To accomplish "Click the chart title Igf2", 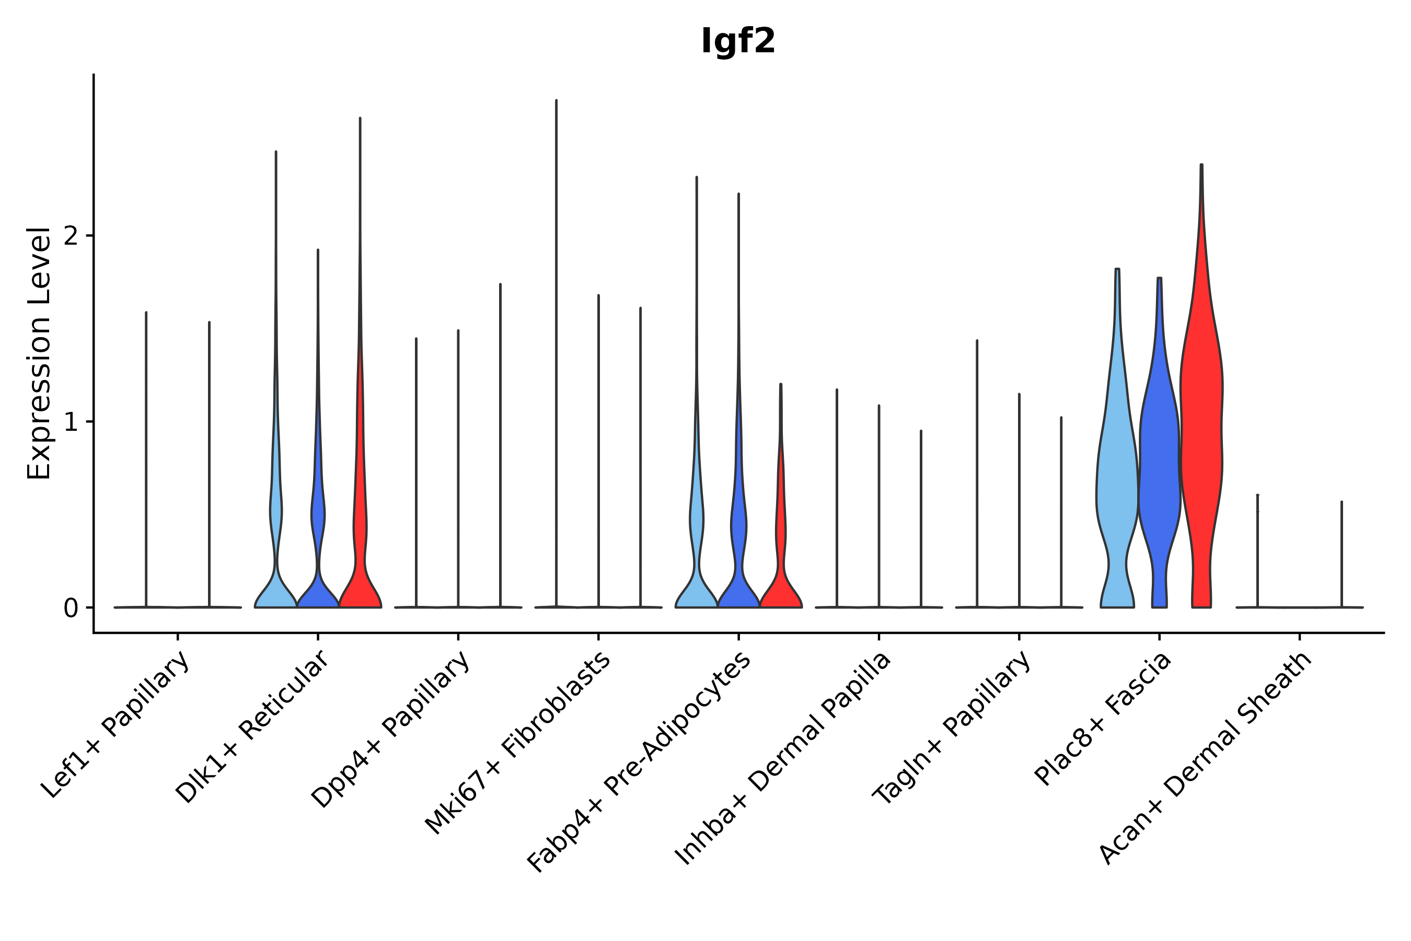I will click(x=738, y=42).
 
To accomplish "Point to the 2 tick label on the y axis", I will click(x=71, y=236).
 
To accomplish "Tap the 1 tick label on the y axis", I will click(x=71, y=422).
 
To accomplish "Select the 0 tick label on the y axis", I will click(x=71, y=609).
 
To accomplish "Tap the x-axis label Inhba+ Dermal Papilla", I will click(x=783, y=759).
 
